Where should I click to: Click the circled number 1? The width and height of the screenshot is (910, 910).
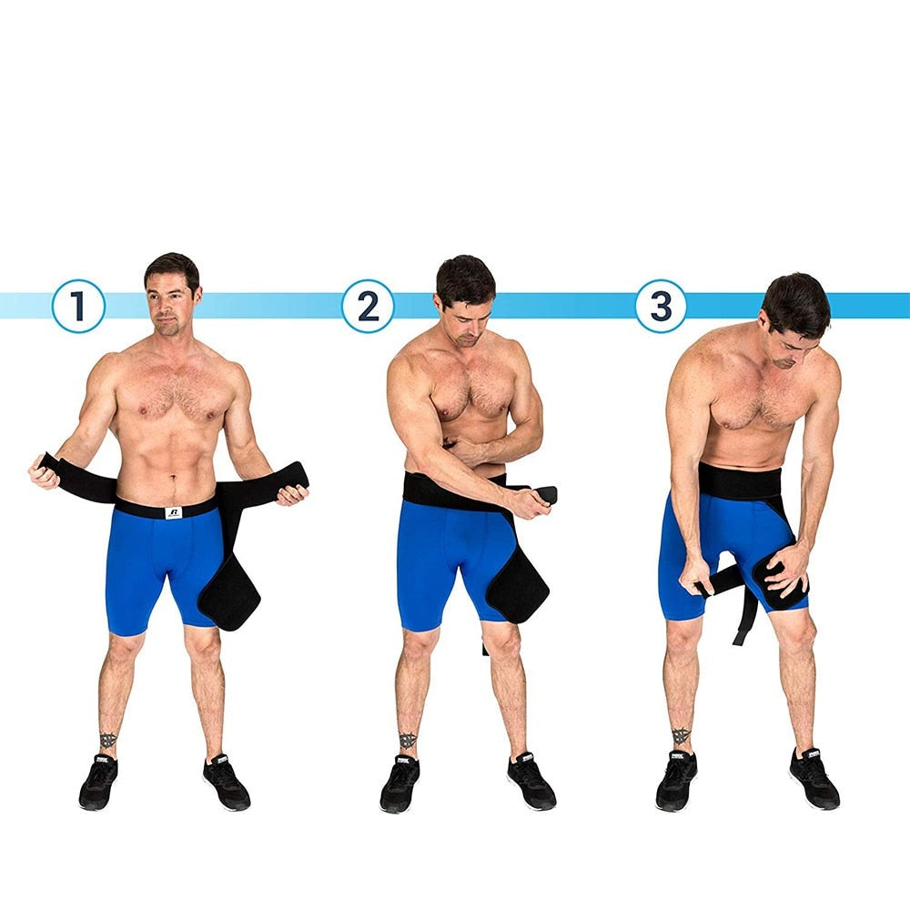78,306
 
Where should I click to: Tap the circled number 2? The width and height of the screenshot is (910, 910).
368,306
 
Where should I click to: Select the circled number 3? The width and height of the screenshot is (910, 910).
661,306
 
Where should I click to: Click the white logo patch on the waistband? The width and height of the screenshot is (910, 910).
174,512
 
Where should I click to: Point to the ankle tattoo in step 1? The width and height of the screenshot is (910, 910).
108,741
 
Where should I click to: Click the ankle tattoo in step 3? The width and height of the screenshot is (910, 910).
681,736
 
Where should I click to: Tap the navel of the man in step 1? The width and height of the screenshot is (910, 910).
173,480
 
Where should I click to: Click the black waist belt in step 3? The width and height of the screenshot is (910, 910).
740,481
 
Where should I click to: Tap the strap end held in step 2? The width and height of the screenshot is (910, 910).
547,494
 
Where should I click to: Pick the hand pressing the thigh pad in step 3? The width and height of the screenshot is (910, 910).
789,570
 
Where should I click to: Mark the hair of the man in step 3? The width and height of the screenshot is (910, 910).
797,304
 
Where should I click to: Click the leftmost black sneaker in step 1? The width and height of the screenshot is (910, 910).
98,781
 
